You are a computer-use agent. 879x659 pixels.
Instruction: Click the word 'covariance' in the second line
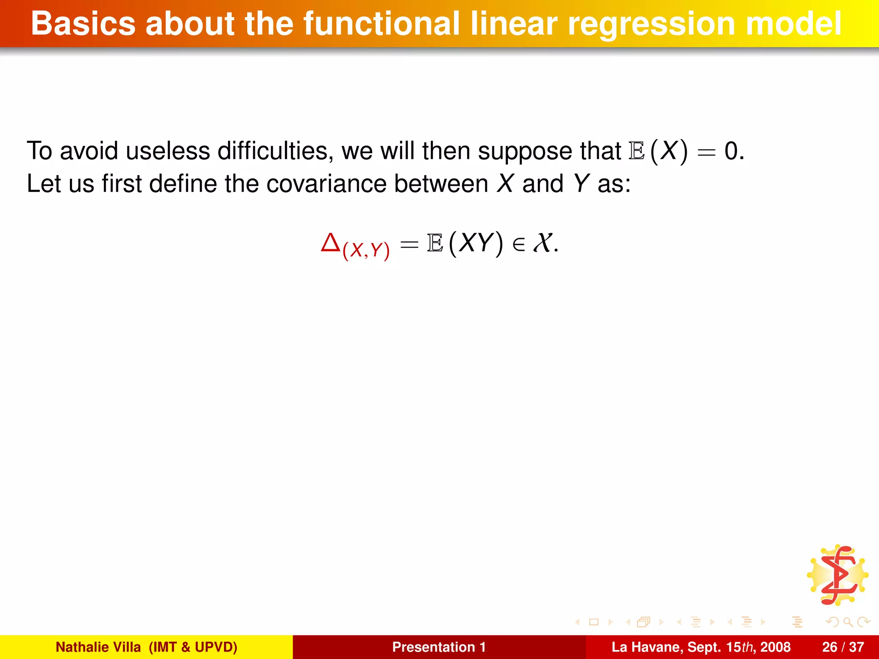(x=326, y=184)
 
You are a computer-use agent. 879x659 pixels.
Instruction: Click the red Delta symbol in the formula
(x=330, y=243)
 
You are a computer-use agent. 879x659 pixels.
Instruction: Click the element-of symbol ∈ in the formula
(x=518, y=245)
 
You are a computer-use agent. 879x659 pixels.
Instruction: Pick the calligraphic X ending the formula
(x=543, y=243)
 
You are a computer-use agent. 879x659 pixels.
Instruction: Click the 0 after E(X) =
(x=731, y=151)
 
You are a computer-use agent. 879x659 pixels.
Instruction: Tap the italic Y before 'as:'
(x=581, y=184)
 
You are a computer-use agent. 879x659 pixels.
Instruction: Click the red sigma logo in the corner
(x=838, y=575)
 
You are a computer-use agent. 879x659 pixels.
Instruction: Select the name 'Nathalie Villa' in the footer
(x=98, y=647)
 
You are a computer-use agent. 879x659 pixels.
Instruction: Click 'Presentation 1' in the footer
(x=439, y=647)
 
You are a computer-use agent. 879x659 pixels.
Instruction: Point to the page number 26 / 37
(x=843, y=647)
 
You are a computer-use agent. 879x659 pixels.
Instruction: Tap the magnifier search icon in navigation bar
(x=847, y=622)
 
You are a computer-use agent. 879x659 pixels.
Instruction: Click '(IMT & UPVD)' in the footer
(x=193, y=647)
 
